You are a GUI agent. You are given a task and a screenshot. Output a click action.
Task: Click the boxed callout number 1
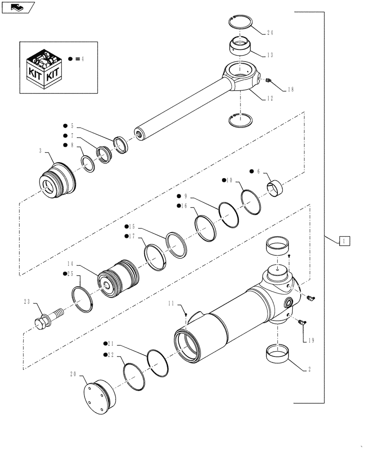[344, 241]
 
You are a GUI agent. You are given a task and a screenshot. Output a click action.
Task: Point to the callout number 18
[290, 90]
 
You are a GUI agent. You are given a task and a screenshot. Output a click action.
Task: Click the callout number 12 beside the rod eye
[270, 99]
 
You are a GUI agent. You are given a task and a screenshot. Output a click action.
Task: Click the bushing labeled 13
[240, 46]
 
